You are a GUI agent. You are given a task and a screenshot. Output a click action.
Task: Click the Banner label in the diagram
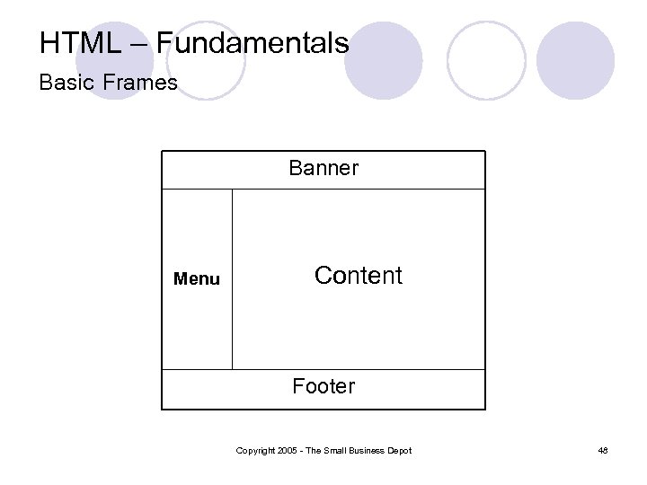(x=323, y=168)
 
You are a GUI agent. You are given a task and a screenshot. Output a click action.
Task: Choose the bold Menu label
(x=196, y=279)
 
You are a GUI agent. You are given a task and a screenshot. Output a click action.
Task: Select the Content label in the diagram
(x=359, y=276)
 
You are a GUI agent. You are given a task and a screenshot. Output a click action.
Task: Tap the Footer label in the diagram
(x=323, y=386)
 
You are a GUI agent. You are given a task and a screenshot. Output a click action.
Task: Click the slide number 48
(x=603, y=450)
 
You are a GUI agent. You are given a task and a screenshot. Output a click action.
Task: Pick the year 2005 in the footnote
(x=288, y=450)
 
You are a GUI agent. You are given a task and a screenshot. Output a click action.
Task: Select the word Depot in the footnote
(x=401, y=450)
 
